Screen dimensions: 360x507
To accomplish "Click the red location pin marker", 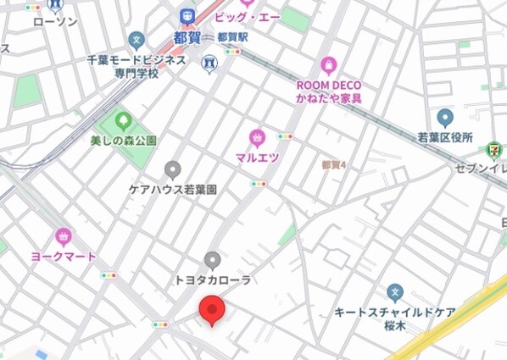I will point(210,311).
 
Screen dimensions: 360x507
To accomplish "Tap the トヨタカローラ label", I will point(213,280).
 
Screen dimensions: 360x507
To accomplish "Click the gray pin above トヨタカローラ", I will point(213,259).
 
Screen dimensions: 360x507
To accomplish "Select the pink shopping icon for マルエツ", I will point(258,137).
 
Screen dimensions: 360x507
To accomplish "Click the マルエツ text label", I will point(258,158).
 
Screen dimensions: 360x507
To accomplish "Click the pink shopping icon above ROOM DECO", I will point(329,65).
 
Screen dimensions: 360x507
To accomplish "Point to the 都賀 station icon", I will point(187,15).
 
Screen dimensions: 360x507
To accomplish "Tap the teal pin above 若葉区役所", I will point(445,118).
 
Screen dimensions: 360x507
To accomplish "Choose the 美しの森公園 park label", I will point(123,140).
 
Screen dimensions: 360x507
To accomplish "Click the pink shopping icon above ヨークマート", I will point(63,235).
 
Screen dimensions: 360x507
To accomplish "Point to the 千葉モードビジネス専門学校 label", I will point(136,67).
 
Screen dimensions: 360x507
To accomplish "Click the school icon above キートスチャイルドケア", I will point(394,292).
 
